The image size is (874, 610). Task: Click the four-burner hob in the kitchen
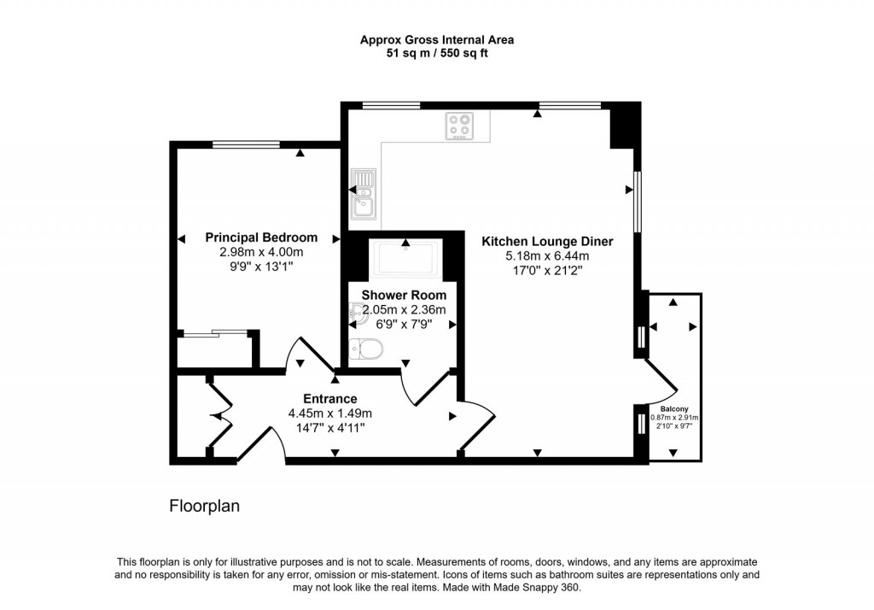460,126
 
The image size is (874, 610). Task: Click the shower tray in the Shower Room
405,258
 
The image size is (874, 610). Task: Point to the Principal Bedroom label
261,238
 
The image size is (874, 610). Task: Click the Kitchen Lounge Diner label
547,242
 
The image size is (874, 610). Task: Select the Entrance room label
330,399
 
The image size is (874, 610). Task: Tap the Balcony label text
674,408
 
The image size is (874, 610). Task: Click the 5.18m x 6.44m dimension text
547,255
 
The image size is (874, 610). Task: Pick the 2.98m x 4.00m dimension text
261,252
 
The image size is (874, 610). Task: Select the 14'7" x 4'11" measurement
330,427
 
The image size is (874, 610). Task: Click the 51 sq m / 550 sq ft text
436,53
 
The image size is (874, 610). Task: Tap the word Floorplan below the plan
204,507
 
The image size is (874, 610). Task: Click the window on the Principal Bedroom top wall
239,144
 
